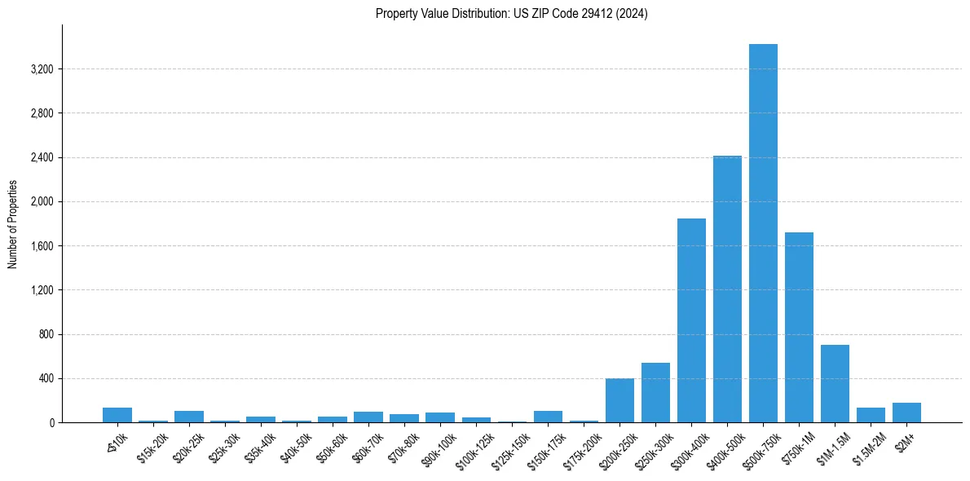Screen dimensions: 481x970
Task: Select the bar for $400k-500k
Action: (727, 289)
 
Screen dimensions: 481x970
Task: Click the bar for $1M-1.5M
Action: (835, 384)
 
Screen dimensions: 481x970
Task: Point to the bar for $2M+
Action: (906, 413)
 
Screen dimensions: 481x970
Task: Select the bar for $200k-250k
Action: (619, 400)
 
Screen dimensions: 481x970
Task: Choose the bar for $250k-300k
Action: (655, 393)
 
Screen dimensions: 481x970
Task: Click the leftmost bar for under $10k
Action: (117, 415)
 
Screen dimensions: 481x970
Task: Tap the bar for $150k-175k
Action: (548, 417)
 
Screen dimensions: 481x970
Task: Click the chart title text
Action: (512, 14)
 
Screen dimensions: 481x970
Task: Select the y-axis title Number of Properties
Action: (13, 224)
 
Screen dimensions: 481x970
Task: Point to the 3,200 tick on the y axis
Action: (42, 69)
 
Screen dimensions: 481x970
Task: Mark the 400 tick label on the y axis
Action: (46, 379)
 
